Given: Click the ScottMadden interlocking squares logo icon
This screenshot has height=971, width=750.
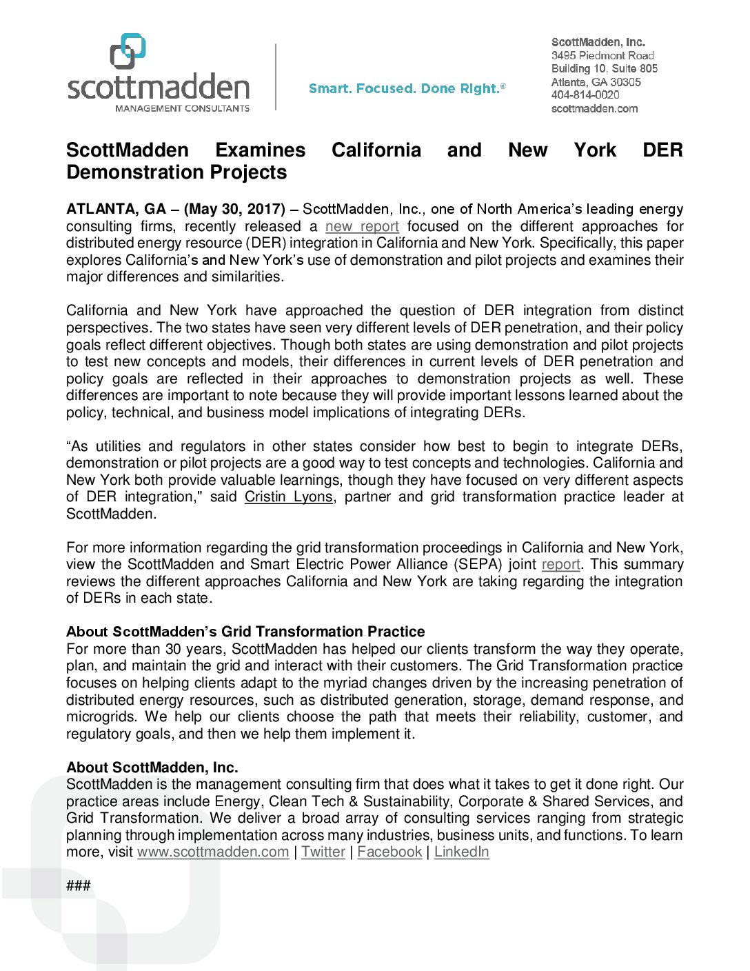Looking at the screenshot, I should [128, 51].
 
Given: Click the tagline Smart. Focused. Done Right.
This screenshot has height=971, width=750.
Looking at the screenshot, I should [407, 89].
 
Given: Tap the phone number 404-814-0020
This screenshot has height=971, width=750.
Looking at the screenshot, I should [585, 95].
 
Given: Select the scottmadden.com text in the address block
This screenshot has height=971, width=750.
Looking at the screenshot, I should [594, 109].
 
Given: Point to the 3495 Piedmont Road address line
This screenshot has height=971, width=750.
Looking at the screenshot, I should [602, 55].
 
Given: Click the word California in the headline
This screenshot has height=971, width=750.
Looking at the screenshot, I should [376, 150].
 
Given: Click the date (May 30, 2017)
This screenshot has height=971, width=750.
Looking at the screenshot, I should [234, 209].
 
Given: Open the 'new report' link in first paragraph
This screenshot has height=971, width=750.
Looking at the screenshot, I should [362, 227].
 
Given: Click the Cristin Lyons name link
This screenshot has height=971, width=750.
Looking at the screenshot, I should [289, 497].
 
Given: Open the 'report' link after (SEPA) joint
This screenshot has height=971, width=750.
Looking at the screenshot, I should [560, 565].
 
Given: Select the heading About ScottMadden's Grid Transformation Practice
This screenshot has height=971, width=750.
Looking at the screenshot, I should [245, 632].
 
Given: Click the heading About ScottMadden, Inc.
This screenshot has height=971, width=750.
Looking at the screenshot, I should [152, 768].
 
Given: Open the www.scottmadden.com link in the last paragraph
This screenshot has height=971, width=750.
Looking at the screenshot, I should [213, 852].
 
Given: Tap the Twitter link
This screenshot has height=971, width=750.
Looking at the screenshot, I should [323, 852].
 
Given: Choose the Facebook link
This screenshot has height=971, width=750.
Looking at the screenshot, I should [389, 852].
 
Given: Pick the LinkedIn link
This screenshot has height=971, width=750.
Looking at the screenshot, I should [461, 852].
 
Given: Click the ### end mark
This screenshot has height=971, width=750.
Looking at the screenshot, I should [79, 886].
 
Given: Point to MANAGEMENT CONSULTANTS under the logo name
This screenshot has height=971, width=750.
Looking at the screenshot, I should [182, 108].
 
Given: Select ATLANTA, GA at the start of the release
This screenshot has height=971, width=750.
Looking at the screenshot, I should [116, 209].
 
